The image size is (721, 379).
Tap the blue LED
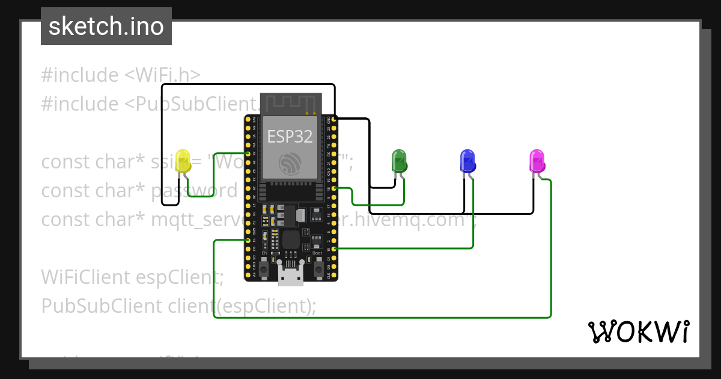467,160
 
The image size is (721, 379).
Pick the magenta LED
537,161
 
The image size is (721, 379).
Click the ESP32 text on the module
290,137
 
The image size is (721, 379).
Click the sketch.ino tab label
106,26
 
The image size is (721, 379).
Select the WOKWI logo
638,331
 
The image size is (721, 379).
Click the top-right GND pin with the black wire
334,120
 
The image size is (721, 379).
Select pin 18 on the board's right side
334,188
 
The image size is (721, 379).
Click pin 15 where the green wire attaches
334,248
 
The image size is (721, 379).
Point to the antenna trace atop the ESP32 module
290,103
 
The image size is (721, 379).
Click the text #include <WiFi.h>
121,75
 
